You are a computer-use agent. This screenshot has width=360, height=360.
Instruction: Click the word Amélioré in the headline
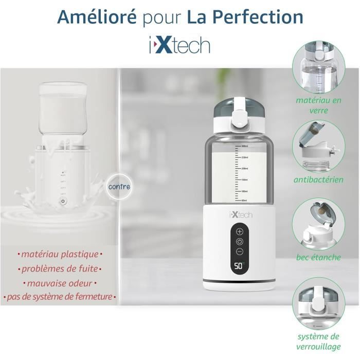pos(97,16)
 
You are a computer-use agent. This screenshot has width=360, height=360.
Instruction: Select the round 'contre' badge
pos(119,186)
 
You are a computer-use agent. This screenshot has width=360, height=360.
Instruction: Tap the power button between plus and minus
pos(240,242)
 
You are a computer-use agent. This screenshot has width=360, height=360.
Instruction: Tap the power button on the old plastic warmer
pos(63,201)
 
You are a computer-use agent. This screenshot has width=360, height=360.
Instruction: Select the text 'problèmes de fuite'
pos(60,268)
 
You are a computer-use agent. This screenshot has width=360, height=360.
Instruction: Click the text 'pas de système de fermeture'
pos(60,297)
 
